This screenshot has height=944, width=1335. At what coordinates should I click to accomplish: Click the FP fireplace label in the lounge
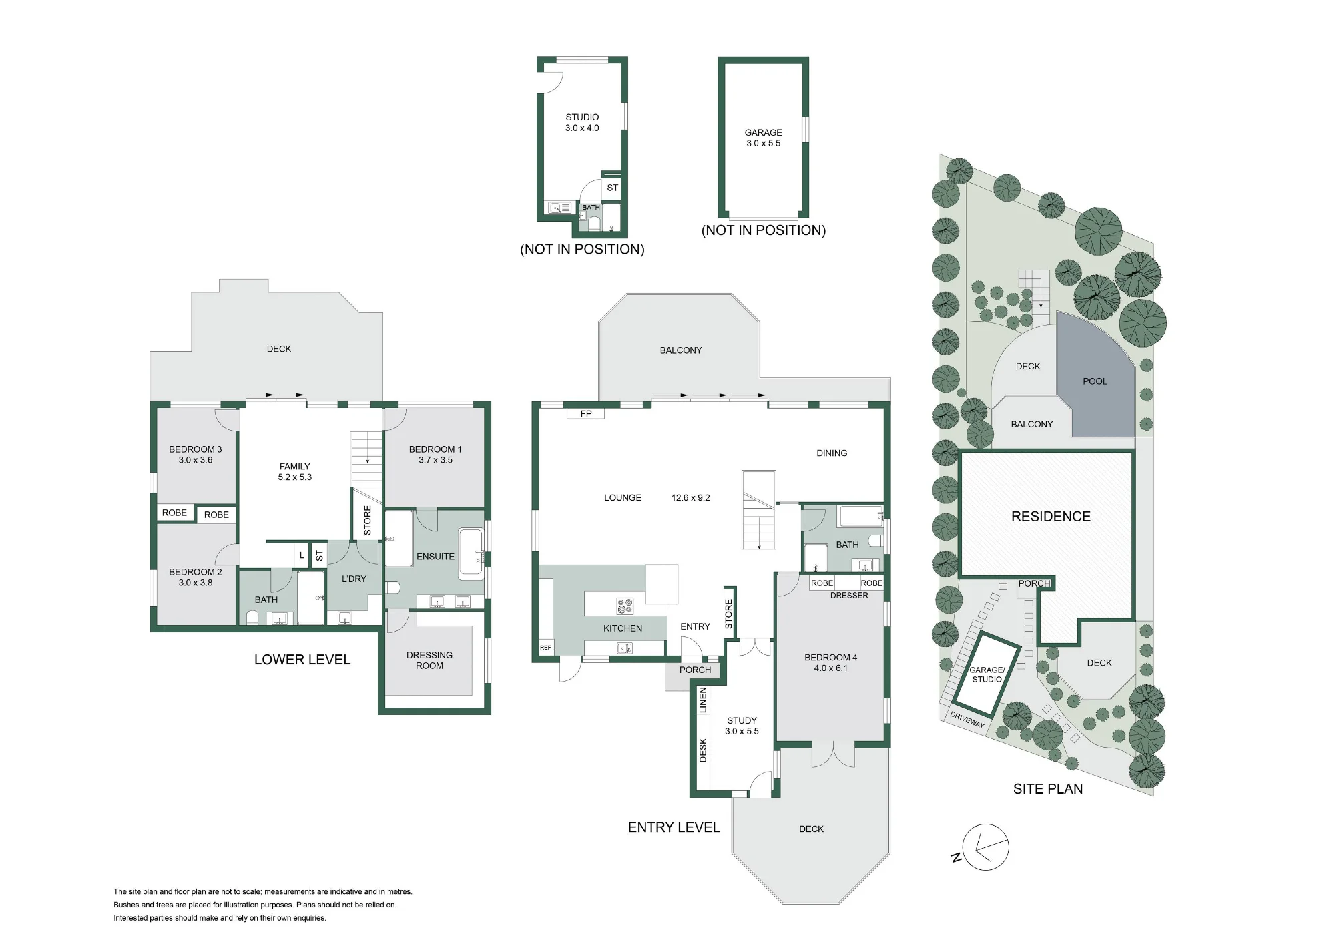[x=586, y=414]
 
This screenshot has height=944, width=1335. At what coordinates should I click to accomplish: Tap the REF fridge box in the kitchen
[x=546, y=648]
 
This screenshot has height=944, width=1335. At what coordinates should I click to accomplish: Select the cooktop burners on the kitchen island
[x=625, y=606]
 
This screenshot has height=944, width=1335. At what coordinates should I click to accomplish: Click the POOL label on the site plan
[x=1095, y=381]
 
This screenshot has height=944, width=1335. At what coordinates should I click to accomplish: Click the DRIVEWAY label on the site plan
[x=967, y=720]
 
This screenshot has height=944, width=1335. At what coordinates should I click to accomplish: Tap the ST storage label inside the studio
[x=613, y=188]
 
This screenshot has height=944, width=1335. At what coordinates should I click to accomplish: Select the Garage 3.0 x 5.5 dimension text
[x=763, y=144]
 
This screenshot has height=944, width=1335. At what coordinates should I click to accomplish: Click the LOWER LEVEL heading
[x=302, y=660]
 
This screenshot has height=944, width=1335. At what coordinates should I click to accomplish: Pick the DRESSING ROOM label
[x=429, y=660]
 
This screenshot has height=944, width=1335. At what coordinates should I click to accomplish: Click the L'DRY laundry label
[x=354, y=579]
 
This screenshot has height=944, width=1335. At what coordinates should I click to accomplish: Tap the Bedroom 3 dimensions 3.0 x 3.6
[x=196, y=460]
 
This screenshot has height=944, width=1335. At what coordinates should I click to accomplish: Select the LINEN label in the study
[x=702, y=700]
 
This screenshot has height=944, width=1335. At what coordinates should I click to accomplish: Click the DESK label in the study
[x=703, y=750]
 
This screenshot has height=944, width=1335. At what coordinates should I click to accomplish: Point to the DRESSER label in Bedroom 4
[x=849, y=596]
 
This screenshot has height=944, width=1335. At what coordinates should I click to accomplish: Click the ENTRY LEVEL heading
[x=674, y=827]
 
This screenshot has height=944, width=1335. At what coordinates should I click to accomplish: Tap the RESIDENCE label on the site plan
[x=1051, y=517]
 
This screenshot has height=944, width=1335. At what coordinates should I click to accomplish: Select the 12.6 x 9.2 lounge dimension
[x=691, y=498]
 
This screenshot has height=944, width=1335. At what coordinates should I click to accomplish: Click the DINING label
[x=832, y=453]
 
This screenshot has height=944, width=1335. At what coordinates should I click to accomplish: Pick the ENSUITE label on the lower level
[x=435, y=557]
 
